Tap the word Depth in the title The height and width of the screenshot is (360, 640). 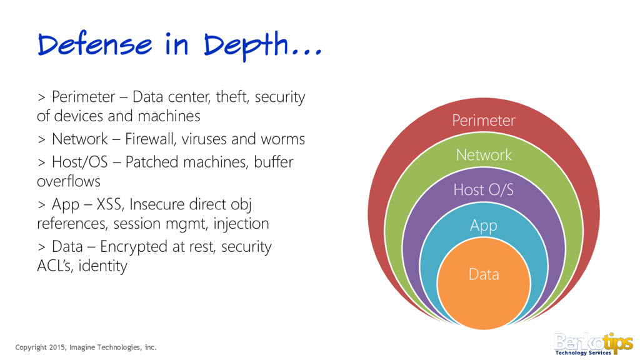point(247,45)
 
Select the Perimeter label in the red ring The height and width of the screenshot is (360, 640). point(484,120)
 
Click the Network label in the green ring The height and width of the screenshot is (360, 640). point(484,154)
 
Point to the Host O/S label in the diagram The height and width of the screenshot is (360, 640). point(484,189)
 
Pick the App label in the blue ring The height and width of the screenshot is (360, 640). point(483,225)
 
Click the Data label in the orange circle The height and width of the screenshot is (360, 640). point(484,274)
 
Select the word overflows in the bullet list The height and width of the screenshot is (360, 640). point(69,181)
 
